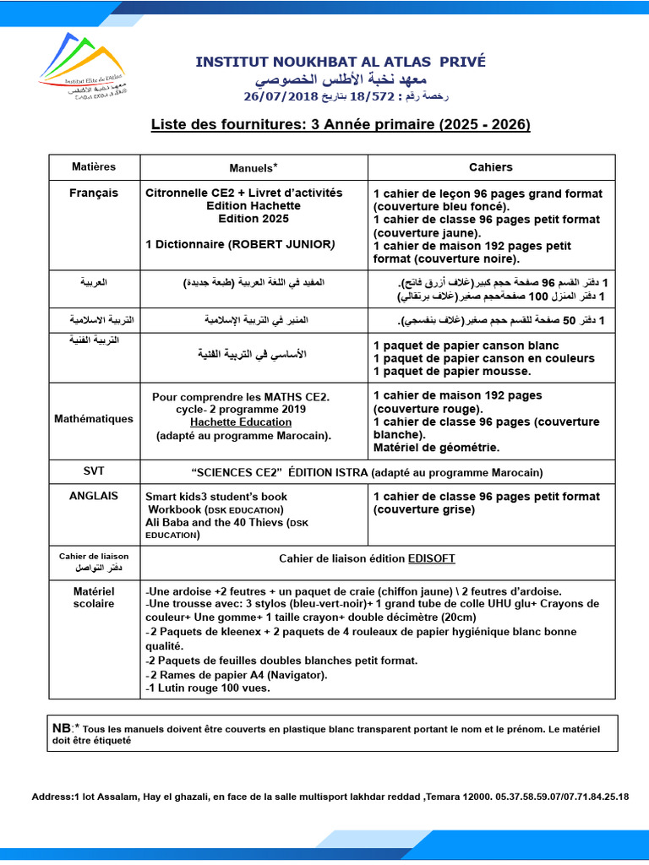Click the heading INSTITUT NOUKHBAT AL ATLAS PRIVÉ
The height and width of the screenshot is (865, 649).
click(x=341, y=62)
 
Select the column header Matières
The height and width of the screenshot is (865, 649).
click(x=94, y=166)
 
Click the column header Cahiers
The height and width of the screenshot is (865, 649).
click(x=491, y=167)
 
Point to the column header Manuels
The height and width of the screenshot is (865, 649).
click(x=253, y=167)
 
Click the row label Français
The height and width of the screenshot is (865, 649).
click(x=94, y=193)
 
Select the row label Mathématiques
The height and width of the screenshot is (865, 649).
click(x=94, y=418)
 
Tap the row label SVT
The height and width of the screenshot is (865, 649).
click(x=94, y=471)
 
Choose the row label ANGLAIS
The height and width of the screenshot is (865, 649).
click(x=94, y=496)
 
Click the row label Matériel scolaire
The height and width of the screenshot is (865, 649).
click(x=94, y=597)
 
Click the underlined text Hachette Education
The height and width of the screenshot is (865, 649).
click(x=243, y=422)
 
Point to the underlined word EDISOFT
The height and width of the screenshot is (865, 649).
click(x=432, y=558)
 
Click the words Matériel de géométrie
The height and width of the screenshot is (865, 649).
click(x=436, y=447)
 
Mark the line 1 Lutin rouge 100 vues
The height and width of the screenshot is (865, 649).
click(x=208, y=688)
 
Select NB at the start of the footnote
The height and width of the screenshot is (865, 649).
click(x=62, y=727)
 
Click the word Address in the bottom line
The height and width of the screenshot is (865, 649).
click(x=52, y=797)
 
